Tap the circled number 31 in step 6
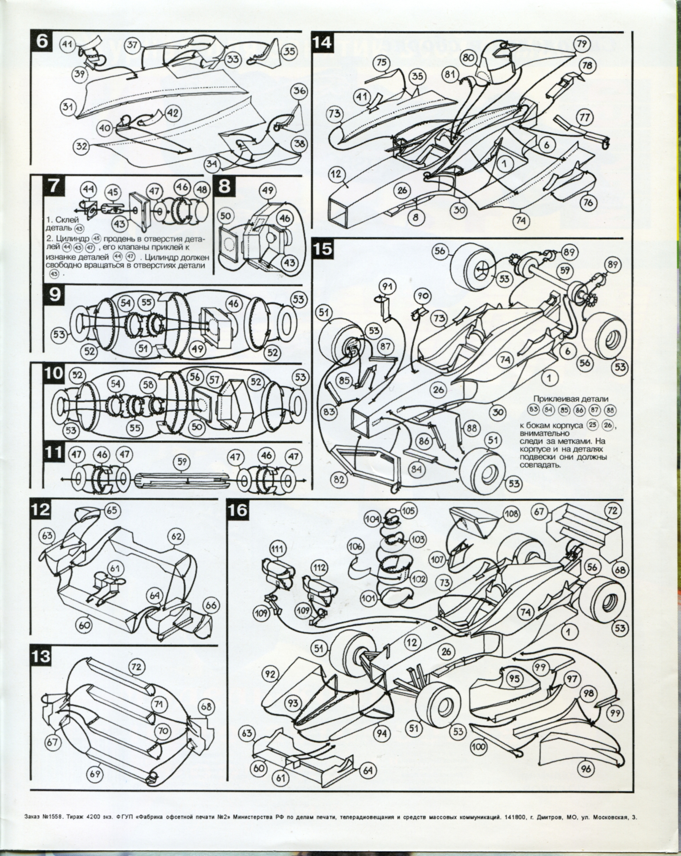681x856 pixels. pos(68,106)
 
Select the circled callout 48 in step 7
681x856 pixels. pos(202,190)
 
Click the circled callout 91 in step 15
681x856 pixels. pos(386,286)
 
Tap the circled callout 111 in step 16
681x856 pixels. pos(277,549)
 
